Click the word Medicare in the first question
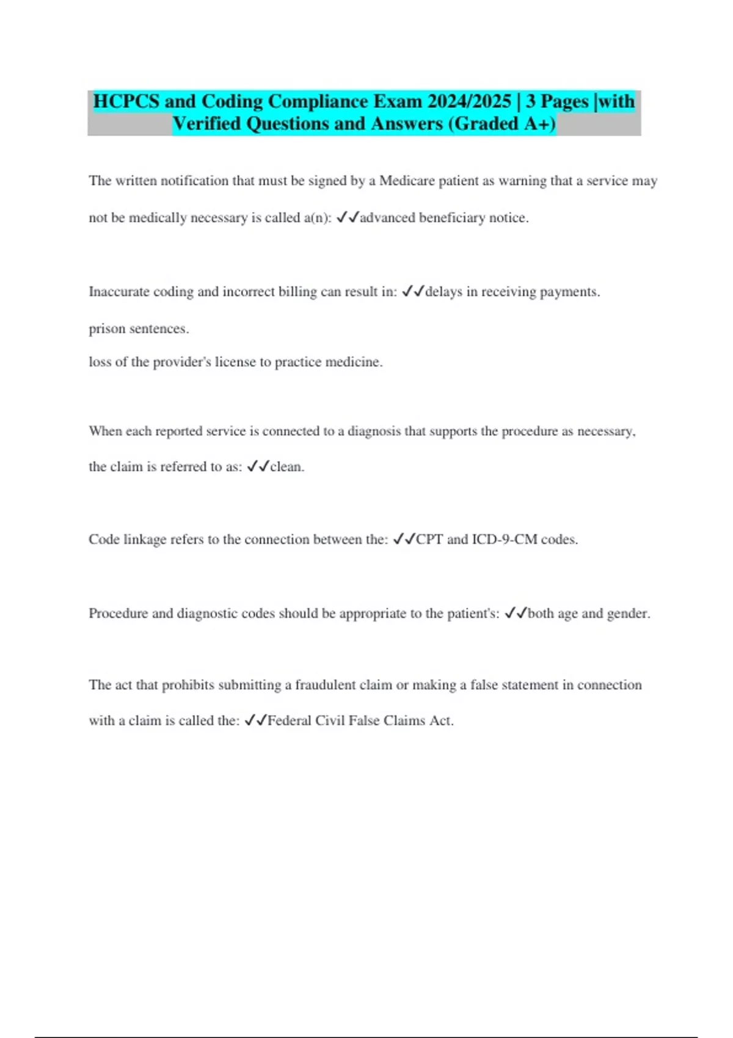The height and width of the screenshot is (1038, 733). [407, 181]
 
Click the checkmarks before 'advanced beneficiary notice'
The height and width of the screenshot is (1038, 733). [348, 217]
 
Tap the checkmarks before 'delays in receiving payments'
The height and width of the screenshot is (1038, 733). [413, 292]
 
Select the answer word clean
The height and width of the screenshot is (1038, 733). [286, 467]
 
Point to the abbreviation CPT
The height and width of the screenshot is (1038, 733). [429, 540]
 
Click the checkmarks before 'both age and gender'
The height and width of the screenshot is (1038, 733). [516, 614]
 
